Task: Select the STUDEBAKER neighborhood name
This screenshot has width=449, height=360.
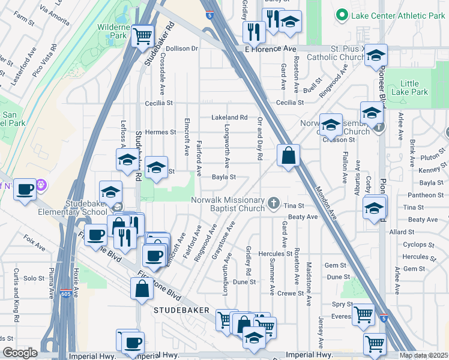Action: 182,310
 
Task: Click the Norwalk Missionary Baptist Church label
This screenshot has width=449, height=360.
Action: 228,204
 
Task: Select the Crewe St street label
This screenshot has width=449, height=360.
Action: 290,293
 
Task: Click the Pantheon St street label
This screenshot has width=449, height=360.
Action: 423,195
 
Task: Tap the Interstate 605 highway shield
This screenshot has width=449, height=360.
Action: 67,294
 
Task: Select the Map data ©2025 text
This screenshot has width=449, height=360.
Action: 424,355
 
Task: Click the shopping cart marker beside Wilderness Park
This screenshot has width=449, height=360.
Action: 142,36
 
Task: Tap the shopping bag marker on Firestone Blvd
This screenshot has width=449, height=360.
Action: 142,289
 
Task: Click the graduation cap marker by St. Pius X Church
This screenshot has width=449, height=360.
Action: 376,56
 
